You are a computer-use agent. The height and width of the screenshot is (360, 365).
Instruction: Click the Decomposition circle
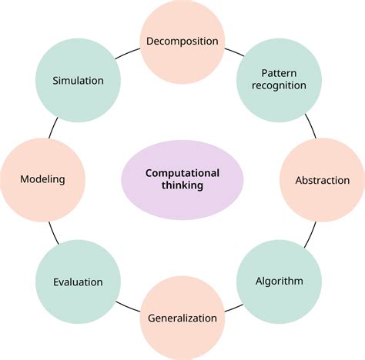coord(182,41)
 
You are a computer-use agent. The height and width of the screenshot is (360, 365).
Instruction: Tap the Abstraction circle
coord(322,181)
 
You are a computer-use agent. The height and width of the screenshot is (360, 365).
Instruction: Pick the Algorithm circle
coord(278,281)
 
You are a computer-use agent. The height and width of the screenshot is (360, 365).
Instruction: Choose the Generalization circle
coord(182,318)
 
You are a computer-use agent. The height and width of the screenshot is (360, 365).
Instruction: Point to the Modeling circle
coord(42,179)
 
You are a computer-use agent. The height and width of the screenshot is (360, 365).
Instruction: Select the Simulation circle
coord(78,80)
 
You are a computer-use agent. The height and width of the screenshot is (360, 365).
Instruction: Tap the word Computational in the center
coord(182,173)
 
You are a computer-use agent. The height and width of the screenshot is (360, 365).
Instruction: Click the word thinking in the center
coord(182,186)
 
